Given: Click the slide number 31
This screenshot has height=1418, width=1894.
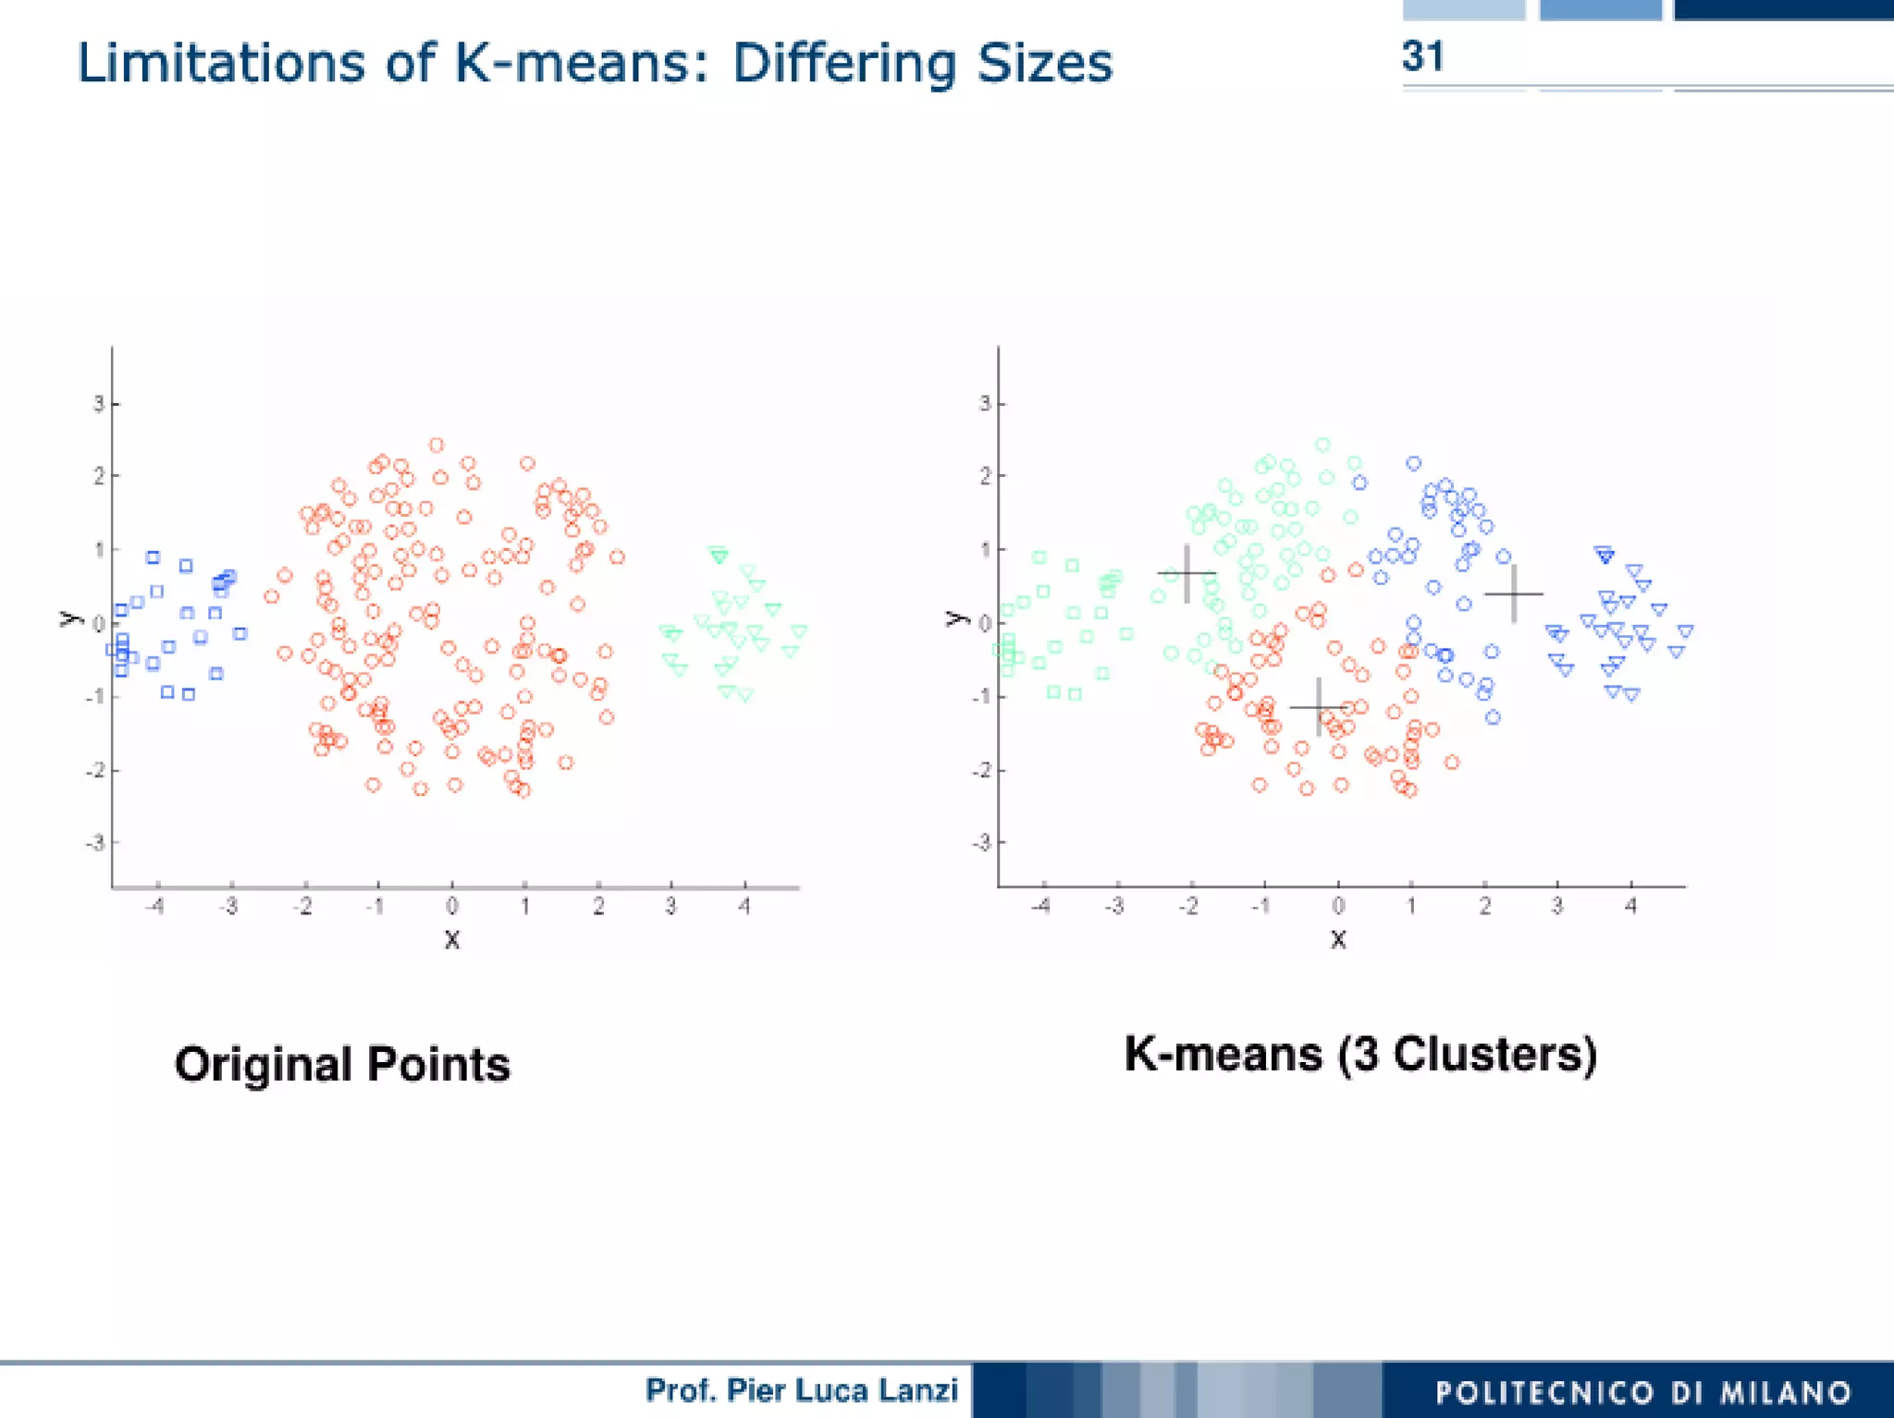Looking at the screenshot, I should click(x=1421, y=56).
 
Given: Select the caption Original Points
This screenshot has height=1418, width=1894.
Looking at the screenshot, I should click(x=342, y=1064).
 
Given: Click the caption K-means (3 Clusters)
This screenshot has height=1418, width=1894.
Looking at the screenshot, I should click(x=1360, y=1054).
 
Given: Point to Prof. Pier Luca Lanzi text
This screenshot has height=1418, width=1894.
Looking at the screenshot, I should click(x=801, y=1390).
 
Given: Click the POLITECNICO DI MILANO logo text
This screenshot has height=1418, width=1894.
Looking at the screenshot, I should click(x=1643, y=1392).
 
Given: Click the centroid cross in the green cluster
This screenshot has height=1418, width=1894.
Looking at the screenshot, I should click(x=1187, y=574).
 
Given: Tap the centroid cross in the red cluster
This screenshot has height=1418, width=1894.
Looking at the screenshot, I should click(x=1318, y=707).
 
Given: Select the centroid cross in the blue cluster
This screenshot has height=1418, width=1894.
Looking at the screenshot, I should click(x=1514, y=593).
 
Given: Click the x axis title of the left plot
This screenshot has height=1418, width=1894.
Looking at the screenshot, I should click(x=451, y=940).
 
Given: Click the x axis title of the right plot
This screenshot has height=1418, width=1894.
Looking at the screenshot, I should click(x=1338, y=940).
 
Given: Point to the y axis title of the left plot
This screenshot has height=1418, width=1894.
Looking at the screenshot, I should click(x=69, y=617).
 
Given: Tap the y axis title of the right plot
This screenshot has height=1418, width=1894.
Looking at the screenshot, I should click(x=955, y=617).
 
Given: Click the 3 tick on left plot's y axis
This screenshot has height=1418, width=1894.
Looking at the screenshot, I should click(x=97, y=404).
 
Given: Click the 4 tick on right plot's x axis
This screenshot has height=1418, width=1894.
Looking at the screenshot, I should click(x=1631, y=907).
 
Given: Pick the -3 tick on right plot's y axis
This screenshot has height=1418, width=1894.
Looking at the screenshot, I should click(x=981, y=843).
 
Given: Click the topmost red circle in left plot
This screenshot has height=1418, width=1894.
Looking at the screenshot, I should click(x=437, y=446).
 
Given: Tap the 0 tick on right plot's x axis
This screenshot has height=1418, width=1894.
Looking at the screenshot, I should click(x=1338, y=907).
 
